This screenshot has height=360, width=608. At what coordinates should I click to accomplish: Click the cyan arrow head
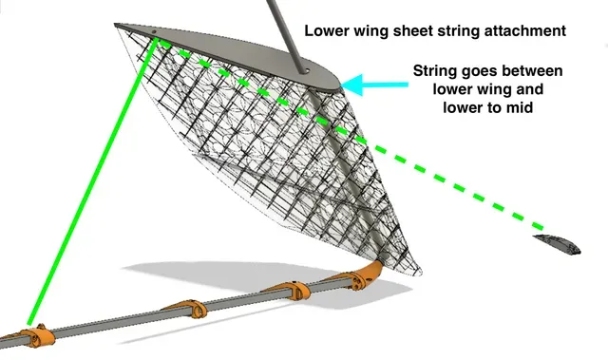pos(352,85)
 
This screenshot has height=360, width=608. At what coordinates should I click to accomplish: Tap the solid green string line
pos(92,181)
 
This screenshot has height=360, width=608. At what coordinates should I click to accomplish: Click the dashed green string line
pos(349,133)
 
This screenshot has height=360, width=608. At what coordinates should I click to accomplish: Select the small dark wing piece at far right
pos(558,244)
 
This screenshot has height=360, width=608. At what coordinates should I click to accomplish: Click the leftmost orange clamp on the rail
pos(36,336)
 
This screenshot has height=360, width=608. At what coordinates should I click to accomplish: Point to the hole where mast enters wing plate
pos(306,71)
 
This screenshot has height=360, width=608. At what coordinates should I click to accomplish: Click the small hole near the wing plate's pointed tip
pos(154,31)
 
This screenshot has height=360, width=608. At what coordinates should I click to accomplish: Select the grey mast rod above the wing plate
pos(286,35)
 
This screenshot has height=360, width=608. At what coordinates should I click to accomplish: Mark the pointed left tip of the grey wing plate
pos(114,24)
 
